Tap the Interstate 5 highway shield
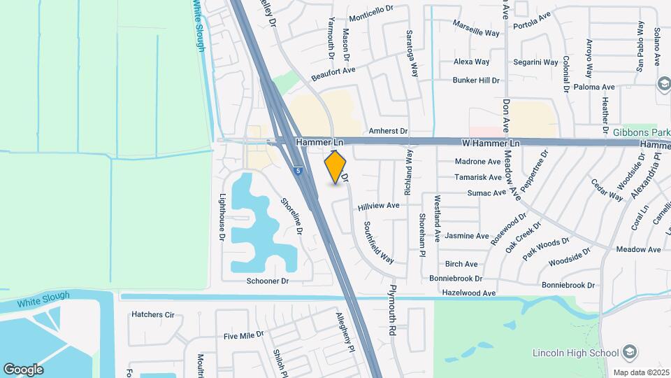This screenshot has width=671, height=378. pyautogui.click(x=298, y=170)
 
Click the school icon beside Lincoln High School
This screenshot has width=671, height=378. pyautogui.click(x=630, y=351)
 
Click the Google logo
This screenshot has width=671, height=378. pyautogui.click(x=23, y=369)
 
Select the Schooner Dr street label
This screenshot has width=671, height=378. pyautogui.click(x=267, y=281)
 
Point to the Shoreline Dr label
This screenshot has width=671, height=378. pyautogui.click(x=292, y=215)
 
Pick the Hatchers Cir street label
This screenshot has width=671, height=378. pyautogui.click(x=152, y=315)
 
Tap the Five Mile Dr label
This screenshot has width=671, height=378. pyautogui.click(x=244, y=335)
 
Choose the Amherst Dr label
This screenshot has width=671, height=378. pyautogui.click(x=388, y=131)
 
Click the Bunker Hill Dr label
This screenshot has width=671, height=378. pyautogui.click(x=476, y=80)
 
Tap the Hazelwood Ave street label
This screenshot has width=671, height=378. pyautogui.click(x=469, y=293)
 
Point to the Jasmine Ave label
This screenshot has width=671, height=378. pyautogui.click(x=467, y=236)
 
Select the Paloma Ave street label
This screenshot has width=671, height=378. pyautogui.click(x=593, y=87)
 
